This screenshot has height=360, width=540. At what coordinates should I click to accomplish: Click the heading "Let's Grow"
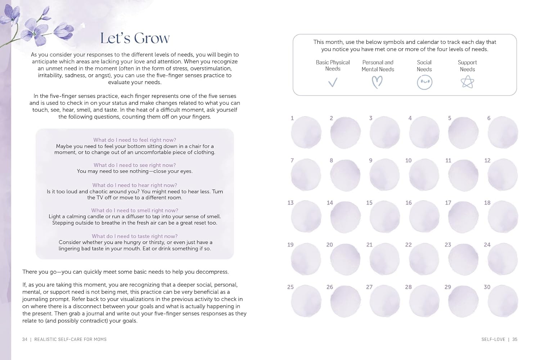click(135, 38)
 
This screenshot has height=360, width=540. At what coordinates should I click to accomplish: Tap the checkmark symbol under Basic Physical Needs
click(333, 83)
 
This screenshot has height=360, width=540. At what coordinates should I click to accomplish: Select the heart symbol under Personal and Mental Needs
click(377, 82)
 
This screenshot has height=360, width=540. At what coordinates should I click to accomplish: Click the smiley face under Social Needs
click(424, 82)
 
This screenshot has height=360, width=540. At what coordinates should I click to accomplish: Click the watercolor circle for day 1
click(306, 132)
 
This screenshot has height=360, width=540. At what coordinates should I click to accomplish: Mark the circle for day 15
click(384, 217)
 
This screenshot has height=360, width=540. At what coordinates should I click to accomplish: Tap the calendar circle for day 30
click(503, 301)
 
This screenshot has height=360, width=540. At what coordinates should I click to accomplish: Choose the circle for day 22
click(424, 259)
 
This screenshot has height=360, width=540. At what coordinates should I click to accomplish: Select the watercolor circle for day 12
click(503, 175)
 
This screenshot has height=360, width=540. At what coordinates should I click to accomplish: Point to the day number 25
click(291, 287)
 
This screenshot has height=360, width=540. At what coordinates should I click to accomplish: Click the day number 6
click(489, 118)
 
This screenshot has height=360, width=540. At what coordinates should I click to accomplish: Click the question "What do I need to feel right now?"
click(135, 140)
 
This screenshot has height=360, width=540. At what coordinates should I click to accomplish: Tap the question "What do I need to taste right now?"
click(135, 236)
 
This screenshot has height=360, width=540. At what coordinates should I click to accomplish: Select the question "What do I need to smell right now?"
click(135, 210)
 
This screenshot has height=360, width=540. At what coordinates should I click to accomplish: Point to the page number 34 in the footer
click(25, 339)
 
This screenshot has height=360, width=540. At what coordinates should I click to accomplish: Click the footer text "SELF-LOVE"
click(493, 339)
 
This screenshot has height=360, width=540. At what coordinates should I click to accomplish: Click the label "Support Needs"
click(467, 66)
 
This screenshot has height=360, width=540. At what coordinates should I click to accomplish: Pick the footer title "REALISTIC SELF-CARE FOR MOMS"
click(71, 339)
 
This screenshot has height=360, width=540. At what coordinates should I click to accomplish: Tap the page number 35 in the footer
click(515, 339)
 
